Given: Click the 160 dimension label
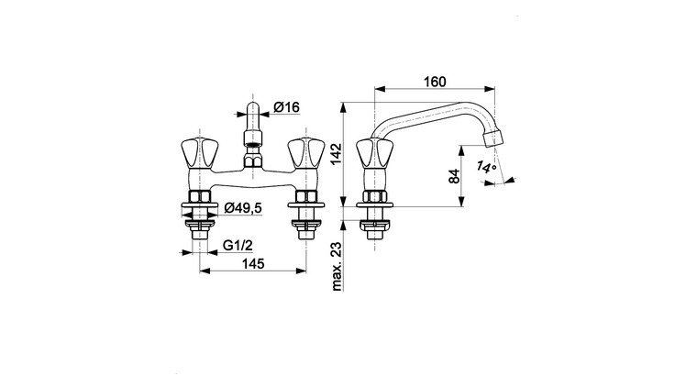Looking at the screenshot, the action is [435, 82].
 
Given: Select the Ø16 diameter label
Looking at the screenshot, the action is [286, 107].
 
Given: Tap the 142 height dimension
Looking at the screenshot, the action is [336, 154].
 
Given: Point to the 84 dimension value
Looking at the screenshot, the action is [454, 176].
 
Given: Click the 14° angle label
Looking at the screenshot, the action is [486, 167].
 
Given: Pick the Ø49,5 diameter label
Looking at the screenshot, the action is [243, 207].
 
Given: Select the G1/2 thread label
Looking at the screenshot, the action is [238, 245].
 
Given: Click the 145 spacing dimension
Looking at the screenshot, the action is [253, 264].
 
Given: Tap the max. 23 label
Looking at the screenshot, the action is [337, 266].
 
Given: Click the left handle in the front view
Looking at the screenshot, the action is [200, 154].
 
